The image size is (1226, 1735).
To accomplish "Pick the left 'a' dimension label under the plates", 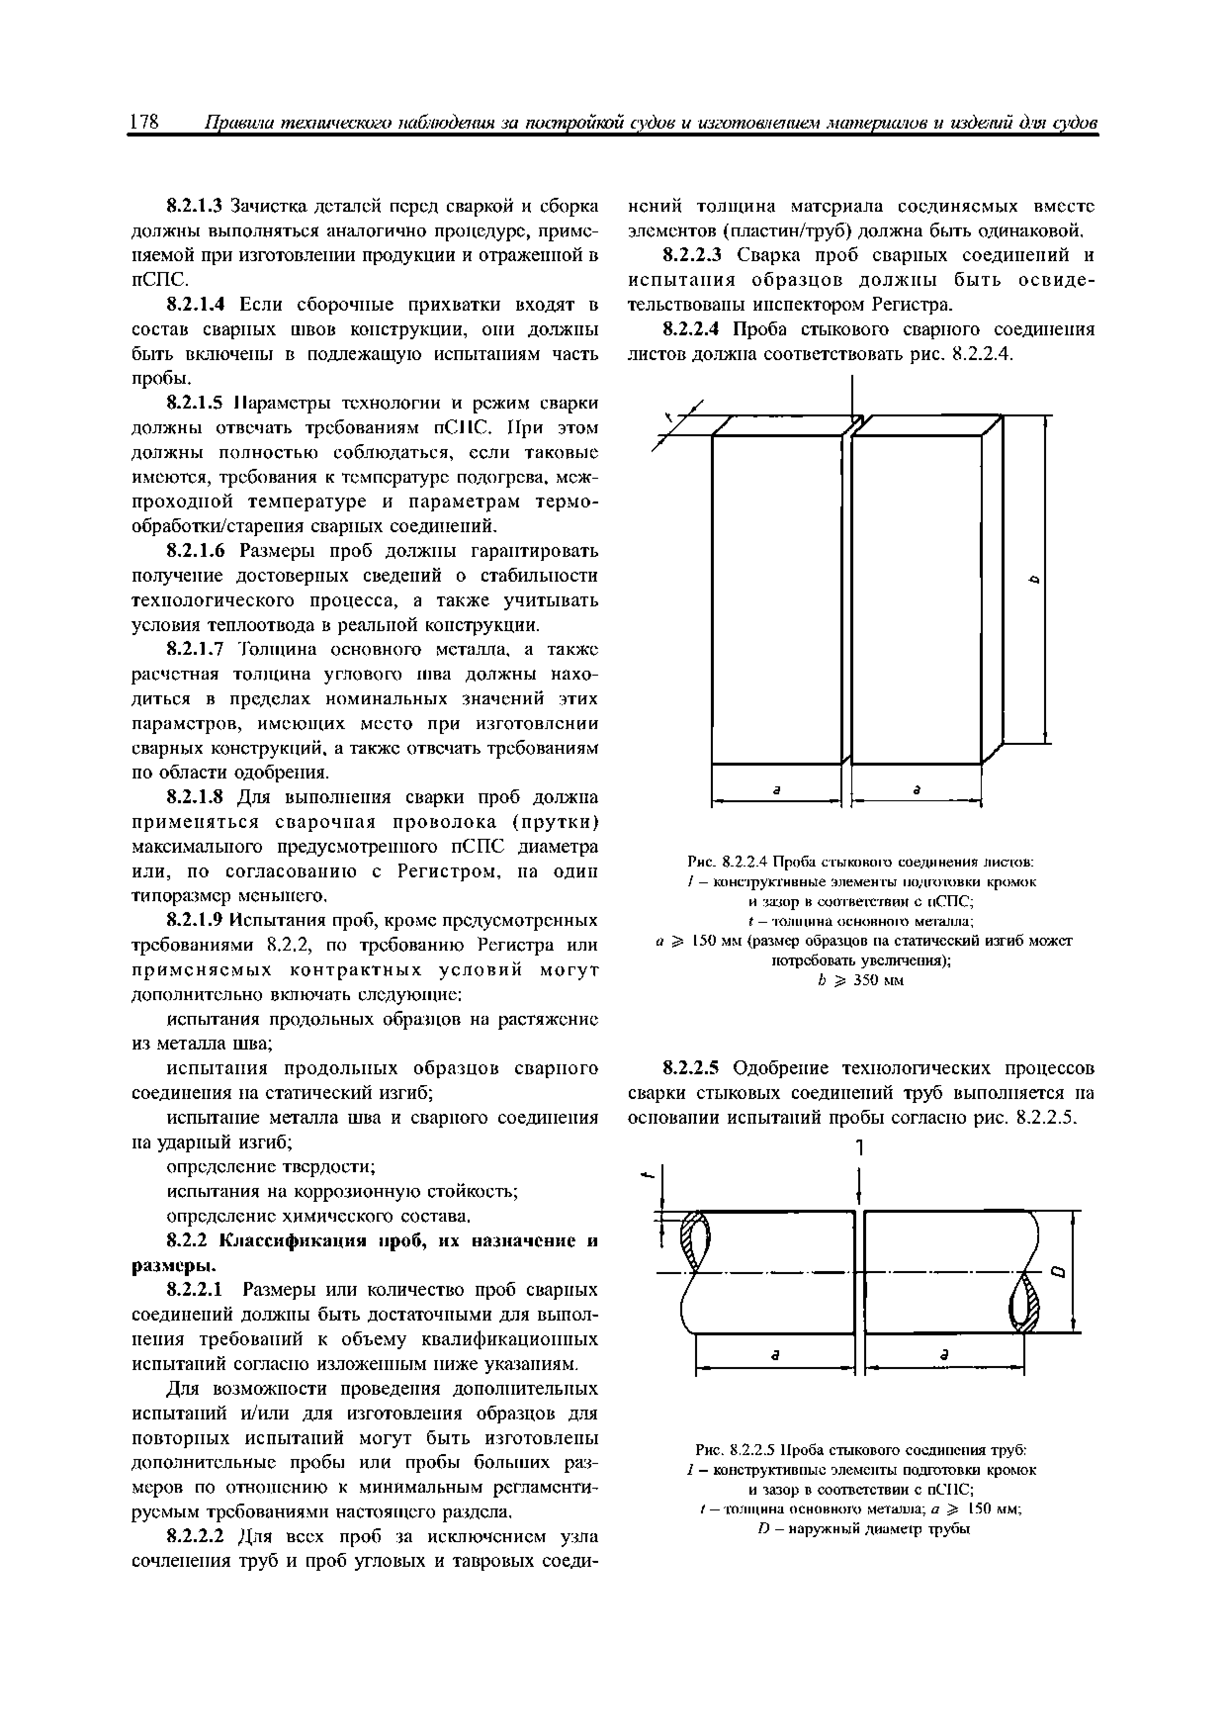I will (x=776, y=788).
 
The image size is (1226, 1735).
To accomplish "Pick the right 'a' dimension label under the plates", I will (x=917, y=788).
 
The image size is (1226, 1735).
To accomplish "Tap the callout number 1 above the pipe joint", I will (x=859, y=1148).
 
